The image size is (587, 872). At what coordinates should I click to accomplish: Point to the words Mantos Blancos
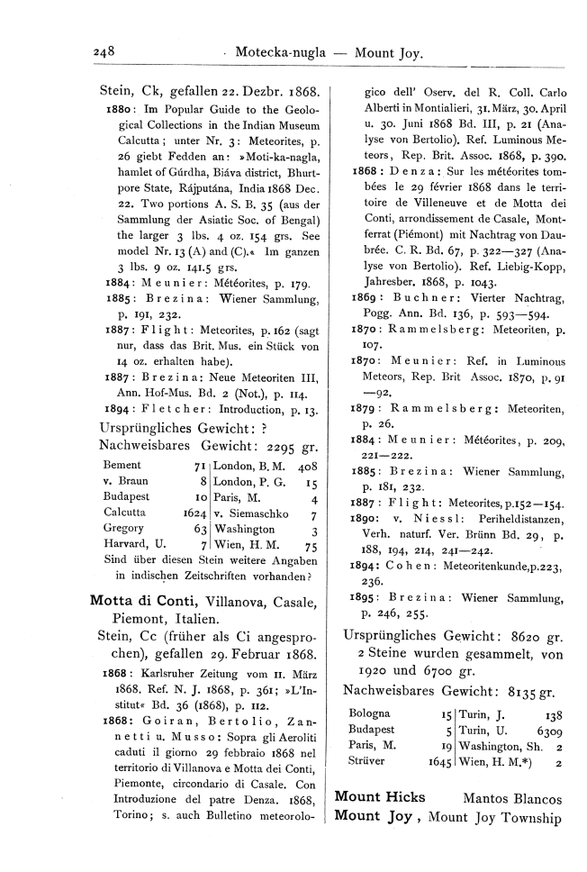pyautogui.click(x=512, y=798)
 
